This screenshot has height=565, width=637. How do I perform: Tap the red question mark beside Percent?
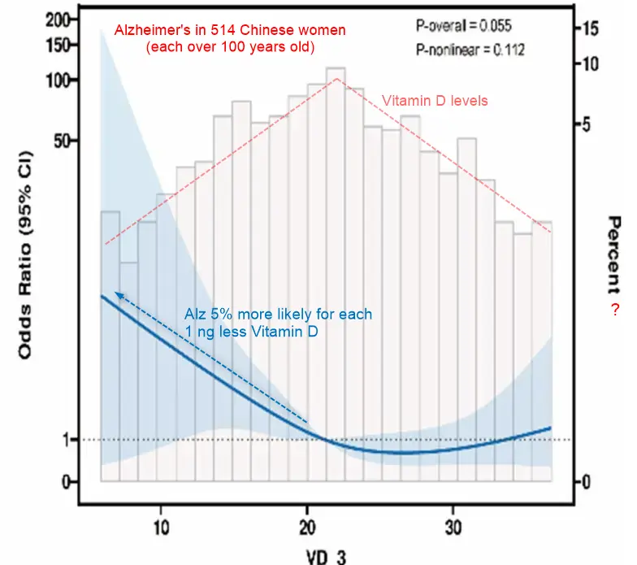click(615, 309)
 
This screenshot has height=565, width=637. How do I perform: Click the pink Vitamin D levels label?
click(435, 102)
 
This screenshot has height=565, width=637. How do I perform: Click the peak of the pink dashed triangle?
click(336, 79)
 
